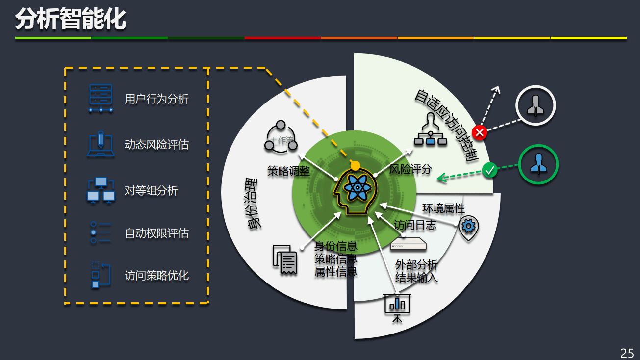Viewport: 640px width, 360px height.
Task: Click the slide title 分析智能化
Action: (x=71, y=20)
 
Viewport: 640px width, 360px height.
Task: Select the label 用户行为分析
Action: (x=156, y=99)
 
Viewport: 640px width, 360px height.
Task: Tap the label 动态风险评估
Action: (x=156, y=145)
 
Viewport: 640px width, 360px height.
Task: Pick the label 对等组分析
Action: (x=151, y=190)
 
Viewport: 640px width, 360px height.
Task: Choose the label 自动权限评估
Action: (x=156, y=233)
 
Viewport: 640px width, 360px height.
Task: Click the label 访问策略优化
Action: (x=156, y=276)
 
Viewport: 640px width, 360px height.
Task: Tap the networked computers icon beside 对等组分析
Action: (x=101, y=190)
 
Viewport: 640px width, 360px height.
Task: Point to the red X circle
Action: (x=479, y=132)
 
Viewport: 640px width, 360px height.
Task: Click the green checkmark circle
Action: (x=489, y=170)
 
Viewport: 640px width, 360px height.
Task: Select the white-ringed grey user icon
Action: (x=535, y=105)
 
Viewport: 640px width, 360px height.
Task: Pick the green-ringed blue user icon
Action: (x=538, y=164)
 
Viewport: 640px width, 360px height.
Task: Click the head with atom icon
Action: (x=355, y=189)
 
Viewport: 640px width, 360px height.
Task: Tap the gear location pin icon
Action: (x=469, y=227)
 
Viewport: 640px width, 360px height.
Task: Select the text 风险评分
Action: (x=410, y=170)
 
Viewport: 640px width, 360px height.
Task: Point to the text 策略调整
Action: (x=288, y=171)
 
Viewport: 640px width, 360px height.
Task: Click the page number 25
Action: (x=627, y=353)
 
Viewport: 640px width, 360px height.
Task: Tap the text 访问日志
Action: (x=415, y=225)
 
